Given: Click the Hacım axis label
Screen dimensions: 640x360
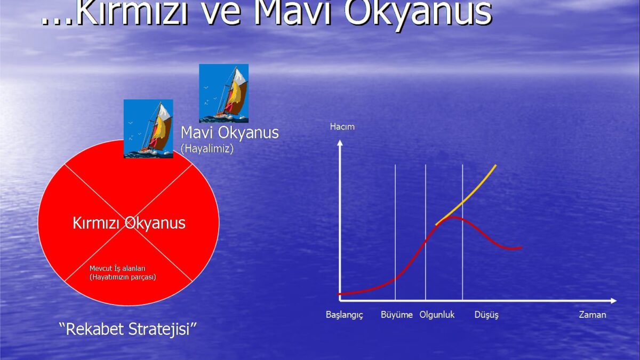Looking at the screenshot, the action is pyautogui.click(x=342, y=126).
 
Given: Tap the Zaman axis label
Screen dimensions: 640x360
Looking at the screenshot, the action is pyautogui.click(x=593, y=315).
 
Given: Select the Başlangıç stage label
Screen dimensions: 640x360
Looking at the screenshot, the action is pyautogui.click(x=345, y=315).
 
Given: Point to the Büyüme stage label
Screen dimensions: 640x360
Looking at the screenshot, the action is pyautogui.click(x=397, y=315).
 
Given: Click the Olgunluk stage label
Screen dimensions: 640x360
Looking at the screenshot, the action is pyautogui.click(x=437, y=315).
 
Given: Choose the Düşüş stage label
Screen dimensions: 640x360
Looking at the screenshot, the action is pyautogui.click(x=486, y=315).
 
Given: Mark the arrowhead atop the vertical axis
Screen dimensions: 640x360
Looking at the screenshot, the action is pyautogui.click(x=340, y=143).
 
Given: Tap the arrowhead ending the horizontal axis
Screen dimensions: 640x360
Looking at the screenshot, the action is pyautogui.click(x=613, y=301).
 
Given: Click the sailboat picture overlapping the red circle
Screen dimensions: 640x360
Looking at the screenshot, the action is pyautogui.click(x=148, y=129).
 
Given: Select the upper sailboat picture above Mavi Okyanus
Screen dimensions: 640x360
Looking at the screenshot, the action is pyautogui.click(x=223, y=93).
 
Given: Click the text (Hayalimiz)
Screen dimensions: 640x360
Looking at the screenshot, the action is pyautogui.click(x=207, y=148).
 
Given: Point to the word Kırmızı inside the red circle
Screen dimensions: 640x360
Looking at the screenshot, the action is pyautogui.click(x=96, y=223).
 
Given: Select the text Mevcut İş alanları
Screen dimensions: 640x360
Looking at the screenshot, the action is pyautogui.click(x=117, y=269).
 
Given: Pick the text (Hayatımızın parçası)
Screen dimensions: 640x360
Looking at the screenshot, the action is pyautogui.click(x=123, y=277).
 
